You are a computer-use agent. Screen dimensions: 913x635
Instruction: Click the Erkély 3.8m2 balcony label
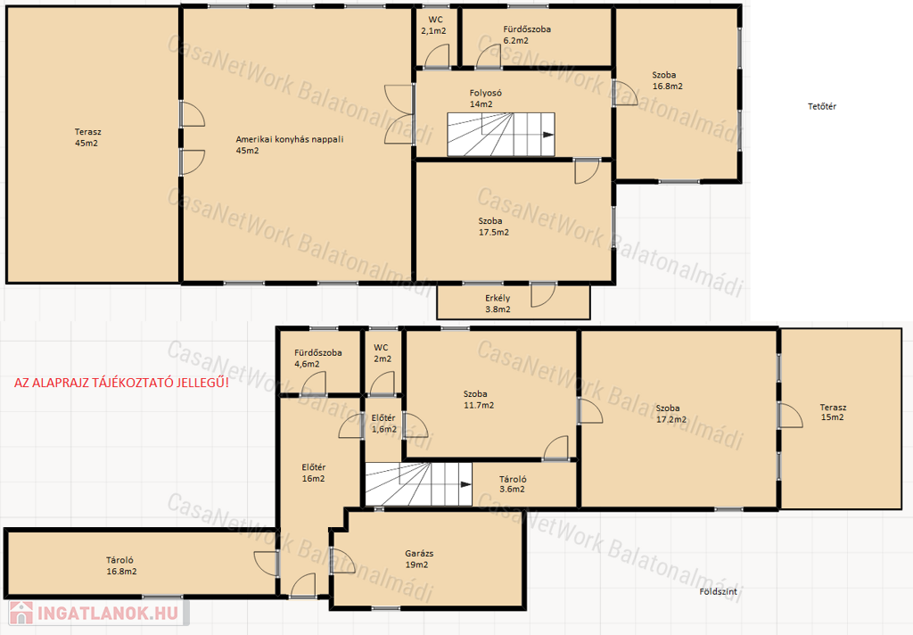click(498, 303)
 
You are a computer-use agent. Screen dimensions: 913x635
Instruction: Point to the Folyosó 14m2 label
click(486, 98)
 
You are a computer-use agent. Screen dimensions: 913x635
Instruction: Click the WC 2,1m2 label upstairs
click(433, 25)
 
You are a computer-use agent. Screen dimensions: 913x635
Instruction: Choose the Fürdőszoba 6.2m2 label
click(526, 35)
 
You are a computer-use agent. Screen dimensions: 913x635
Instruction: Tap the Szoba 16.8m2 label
click(667, 80)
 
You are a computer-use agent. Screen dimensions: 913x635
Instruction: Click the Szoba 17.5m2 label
click(493, 227)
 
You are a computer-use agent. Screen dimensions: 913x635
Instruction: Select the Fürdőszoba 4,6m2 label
click(317, 359)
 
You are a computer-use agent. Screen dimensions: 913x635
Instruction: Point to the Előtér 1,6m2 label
click(383, 424)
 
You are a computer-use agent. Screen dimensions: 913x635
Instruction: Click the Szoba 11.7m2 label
click(478, 400)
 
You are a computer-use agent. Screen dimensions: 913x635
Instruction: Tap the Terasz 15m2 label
click(833, 412)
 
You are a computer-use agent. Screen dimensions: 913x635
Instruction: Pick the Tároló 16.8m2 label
click(121, 565)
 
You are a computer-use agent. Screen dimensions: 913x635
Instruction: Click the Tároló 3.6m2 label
click(513, 484)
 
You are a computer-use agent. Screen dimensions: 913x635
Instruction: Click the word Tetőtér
click(821, 106)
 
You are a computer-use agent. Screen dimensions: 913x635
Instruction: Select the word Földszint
click(718, 591)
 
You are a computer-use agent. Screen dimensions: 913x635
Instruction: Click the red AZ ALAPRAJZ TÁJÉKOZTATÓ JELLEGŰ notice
click(121, 383)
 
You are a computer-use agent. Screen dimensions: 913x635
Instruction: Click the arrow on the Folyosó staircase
click(548, 135)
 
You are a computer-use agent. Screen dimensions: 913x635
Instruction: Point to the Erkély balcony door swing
click(543, 295)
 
